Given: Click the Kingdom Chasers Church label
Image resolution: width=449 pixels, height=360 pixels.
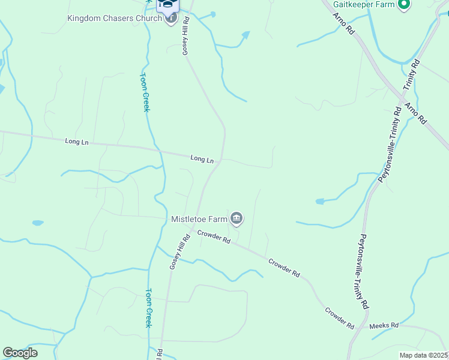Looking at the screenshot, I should [114, 18].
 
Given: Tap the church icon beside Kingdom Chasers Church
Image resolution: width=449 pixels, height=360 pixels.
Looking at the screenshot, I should [171, 18].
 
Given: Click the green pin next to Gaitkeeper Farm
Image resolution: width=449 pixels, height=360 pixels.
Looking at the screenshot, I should [404, 5].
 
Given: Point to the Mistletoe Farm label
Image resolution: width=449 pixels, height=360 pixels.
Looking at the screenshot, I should [199, 218].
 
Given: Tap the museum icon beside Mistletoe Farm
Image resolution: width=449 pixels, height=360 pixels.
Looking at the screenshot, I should [237, 218].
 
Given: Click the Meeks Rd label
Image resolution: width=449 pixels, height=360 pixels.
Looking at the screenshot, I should [384, 326].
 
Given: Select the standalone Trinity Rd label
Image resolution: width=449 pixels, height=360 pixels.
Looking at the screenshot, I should [411, 75].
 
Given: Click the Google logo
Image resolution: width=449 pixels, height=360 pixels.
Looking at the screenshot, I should [20, 352].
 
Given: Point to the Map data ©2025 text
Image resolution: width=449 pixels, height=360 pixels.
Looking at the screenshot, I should [423, 355].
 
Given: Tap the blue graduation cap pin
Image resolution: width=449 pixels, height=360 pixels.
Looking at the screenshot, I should [168, 5].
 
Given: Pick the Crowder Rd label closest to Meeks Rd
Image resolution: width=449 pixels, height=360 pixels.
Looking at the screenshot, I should [339, 318].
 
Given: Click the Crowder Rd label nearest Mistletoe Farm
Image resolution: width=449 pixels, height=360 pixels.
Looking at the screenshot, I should [214, 238].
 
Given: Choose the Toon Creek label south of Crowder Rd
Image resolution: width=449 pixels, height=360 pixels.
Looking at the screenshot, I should [148, 308].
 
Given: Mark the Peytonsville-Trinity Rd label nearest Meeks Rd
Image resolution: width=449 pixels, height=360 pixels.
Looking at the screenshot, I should [364, 272].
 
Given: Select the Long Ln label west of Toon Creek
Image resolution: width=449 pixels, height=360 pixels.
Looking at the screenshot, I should [77, 142].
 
